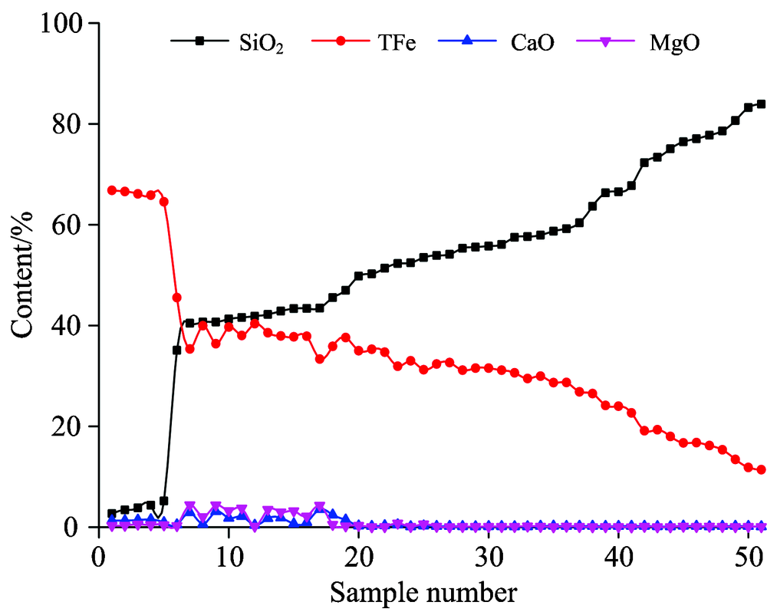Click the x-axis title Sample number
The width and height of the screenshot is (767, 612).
tap(423, 591)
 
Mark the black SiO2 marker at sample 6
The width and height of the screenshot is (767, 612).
tap(176, 350)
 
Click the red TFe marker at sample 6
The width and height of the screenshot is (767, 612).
tap(176, 298)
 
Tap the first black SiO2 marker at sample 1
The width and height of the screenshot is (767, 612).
tap(111, 513)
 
